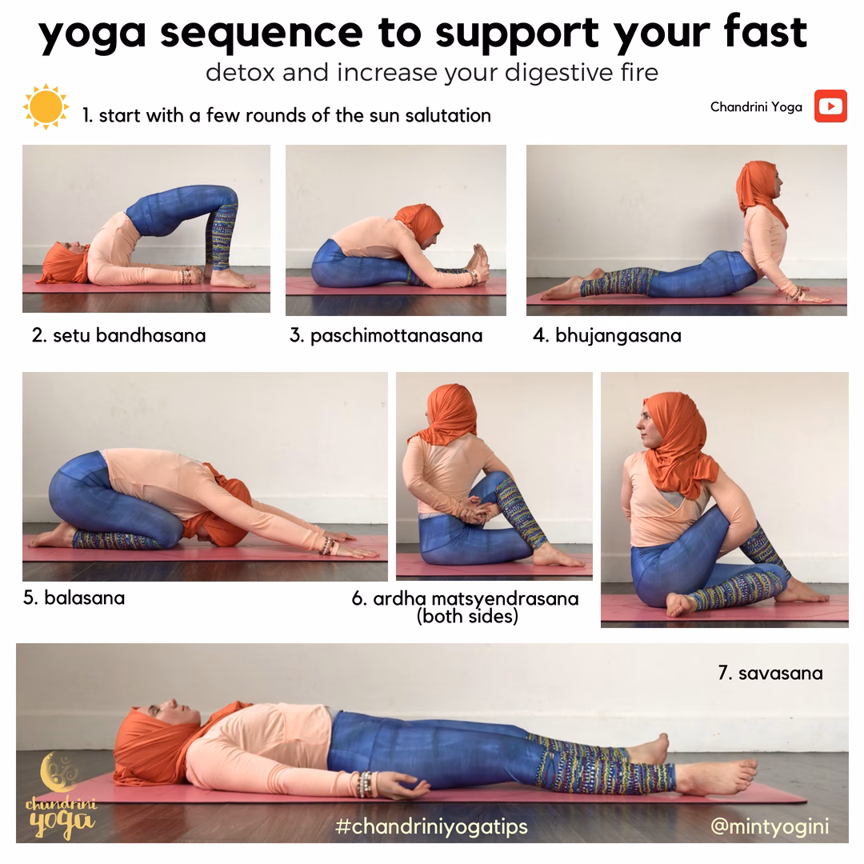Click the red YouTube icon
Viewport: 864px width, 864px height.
coord(830,106)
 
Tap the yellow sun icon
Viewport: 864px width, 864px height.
coord(46,106)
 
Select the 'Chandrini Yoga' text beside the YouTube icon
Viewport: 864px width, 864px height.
coord(756,107)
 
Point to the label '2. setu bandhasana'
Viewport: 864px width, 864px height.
coord(118,335)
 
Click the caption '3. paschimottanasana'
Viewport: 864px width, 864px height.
coord(386,335)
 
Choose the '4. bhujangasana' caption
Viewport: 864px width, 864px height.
coord(607,335)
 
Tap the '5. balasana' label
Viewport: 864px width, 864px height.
coord(74,598)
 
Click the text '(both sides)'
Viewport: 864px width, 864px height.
coord(467,617)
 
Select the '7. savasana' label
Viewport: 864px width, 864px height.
coord(770,673)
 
